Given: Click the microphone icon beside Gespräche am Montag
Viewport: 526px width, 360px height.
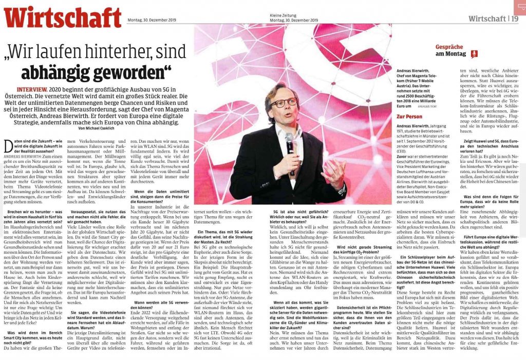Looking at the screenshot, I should (474, 54).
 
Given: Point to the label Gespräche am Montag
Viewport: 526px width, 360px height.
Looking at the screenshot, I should (450, 50).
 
